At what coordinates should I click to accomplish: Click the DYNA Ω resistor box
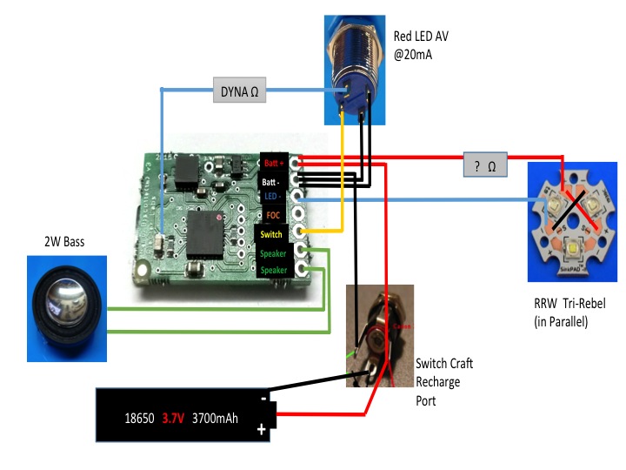click(240, 90)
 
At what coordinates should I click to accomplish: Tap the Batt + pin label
click(273, 163)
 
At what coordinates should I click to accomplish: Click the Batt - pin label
click(273, 181)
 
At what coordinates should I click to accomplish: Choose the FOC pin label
click(273, 215)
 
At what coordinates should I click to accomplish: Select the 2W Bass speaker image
click(66, 308)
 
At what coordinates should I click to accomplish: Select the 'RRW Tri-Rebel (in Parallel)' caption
click(569, 313)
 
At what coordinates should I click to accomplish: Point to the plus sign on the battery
click(261, 430)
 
